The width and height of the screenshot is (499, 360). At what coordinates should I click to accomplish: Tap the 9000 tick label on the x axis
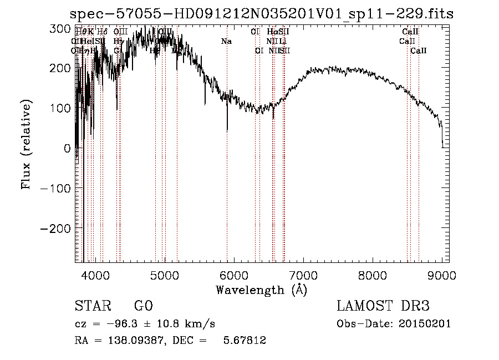pos(442,275)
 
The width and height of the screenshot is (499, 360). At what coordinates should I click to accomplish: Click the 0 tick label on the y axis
pos(67,148)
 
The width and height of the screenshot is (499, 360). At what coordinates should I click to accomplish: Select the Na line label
pos(226,42)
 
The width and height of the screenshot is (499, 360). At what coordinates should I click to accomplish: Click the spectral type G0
pos(143,306)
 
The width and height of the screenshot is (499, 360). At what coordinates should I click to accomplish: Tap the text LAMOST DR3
pos(383,306)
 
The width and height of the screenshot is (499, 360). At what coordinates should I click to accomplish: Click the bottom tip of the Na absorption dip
pos(227,131)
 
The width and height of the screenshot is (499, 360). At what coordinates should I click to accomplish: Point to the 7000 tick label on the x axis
pos(303,275)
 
